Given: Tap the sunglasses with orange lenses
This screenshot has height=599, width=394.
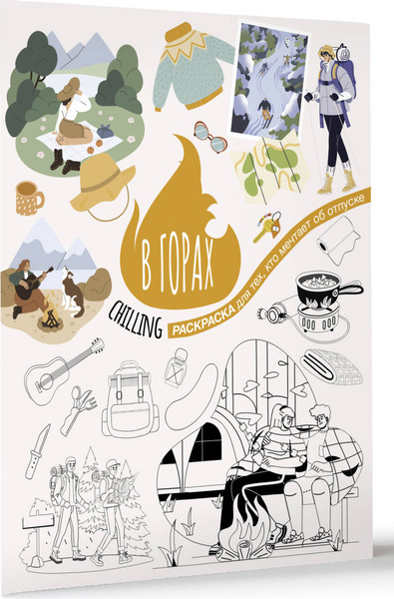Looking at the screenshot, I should click(208, 136).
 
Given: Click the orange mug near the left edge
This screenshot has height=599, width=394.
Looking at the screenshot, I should click(28, 197).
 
